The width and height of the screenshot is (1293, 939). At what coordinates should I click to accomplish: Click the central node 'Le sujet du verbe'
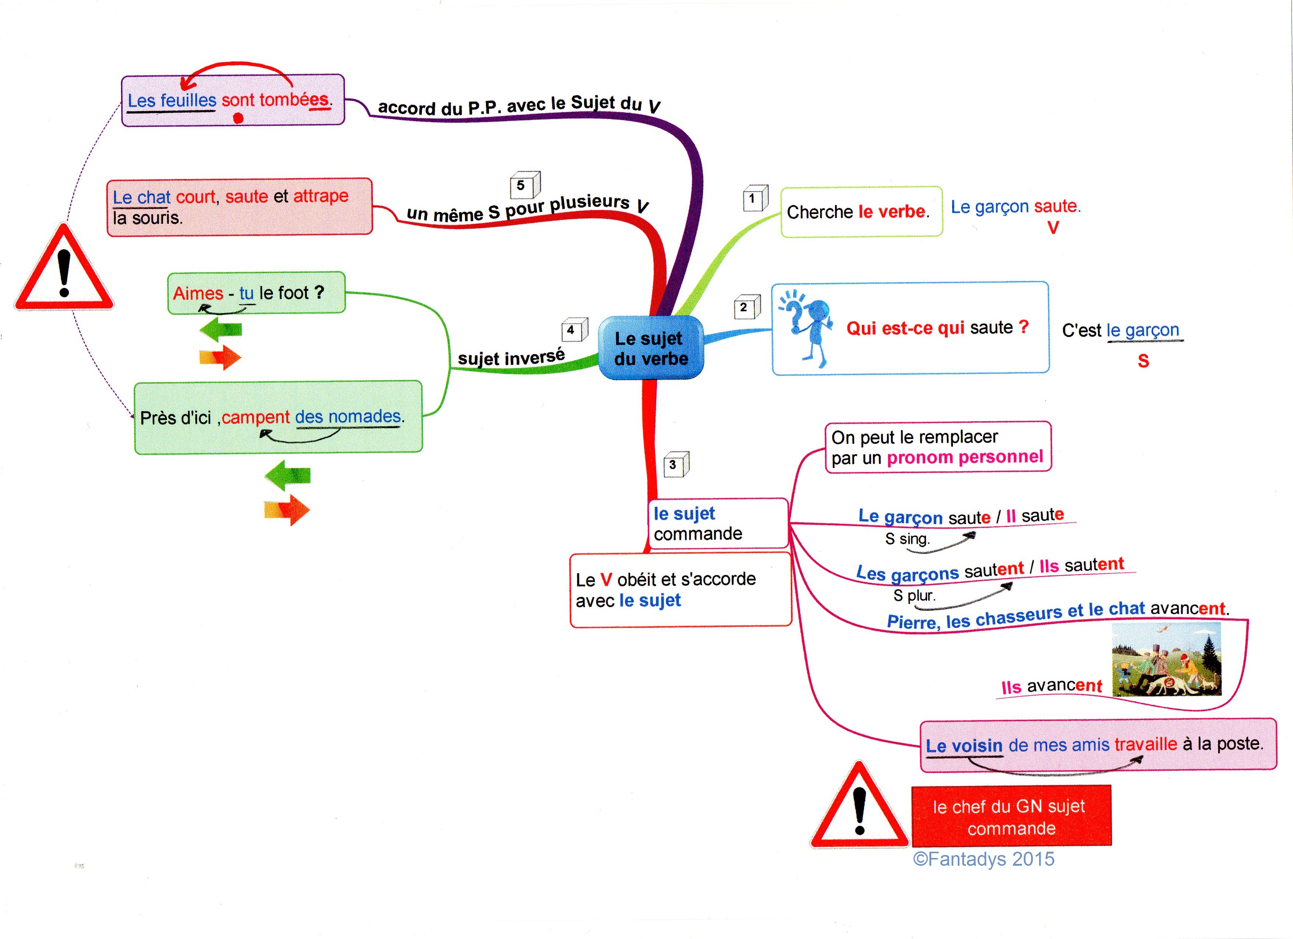pos(650,348)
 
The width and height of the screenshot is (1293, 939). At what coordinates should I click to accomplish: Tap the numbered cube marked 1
pos(755,198)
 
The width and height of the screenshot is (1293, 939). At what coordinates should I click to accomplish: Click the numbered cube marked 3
pos(675,464)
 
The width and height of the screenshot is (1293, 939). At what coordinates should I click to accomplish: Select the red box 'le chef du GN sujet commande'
pos(1011,816)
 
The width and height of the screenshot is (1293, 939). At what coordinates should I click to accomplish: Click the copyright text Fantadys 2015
pos(983,859)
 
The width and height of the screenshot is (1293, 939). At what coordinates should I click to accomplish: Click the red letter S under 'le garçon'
pos(1143,361)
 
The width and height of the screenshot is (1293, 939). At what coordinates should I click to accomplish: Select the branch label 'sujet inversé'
pos(511,357)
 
